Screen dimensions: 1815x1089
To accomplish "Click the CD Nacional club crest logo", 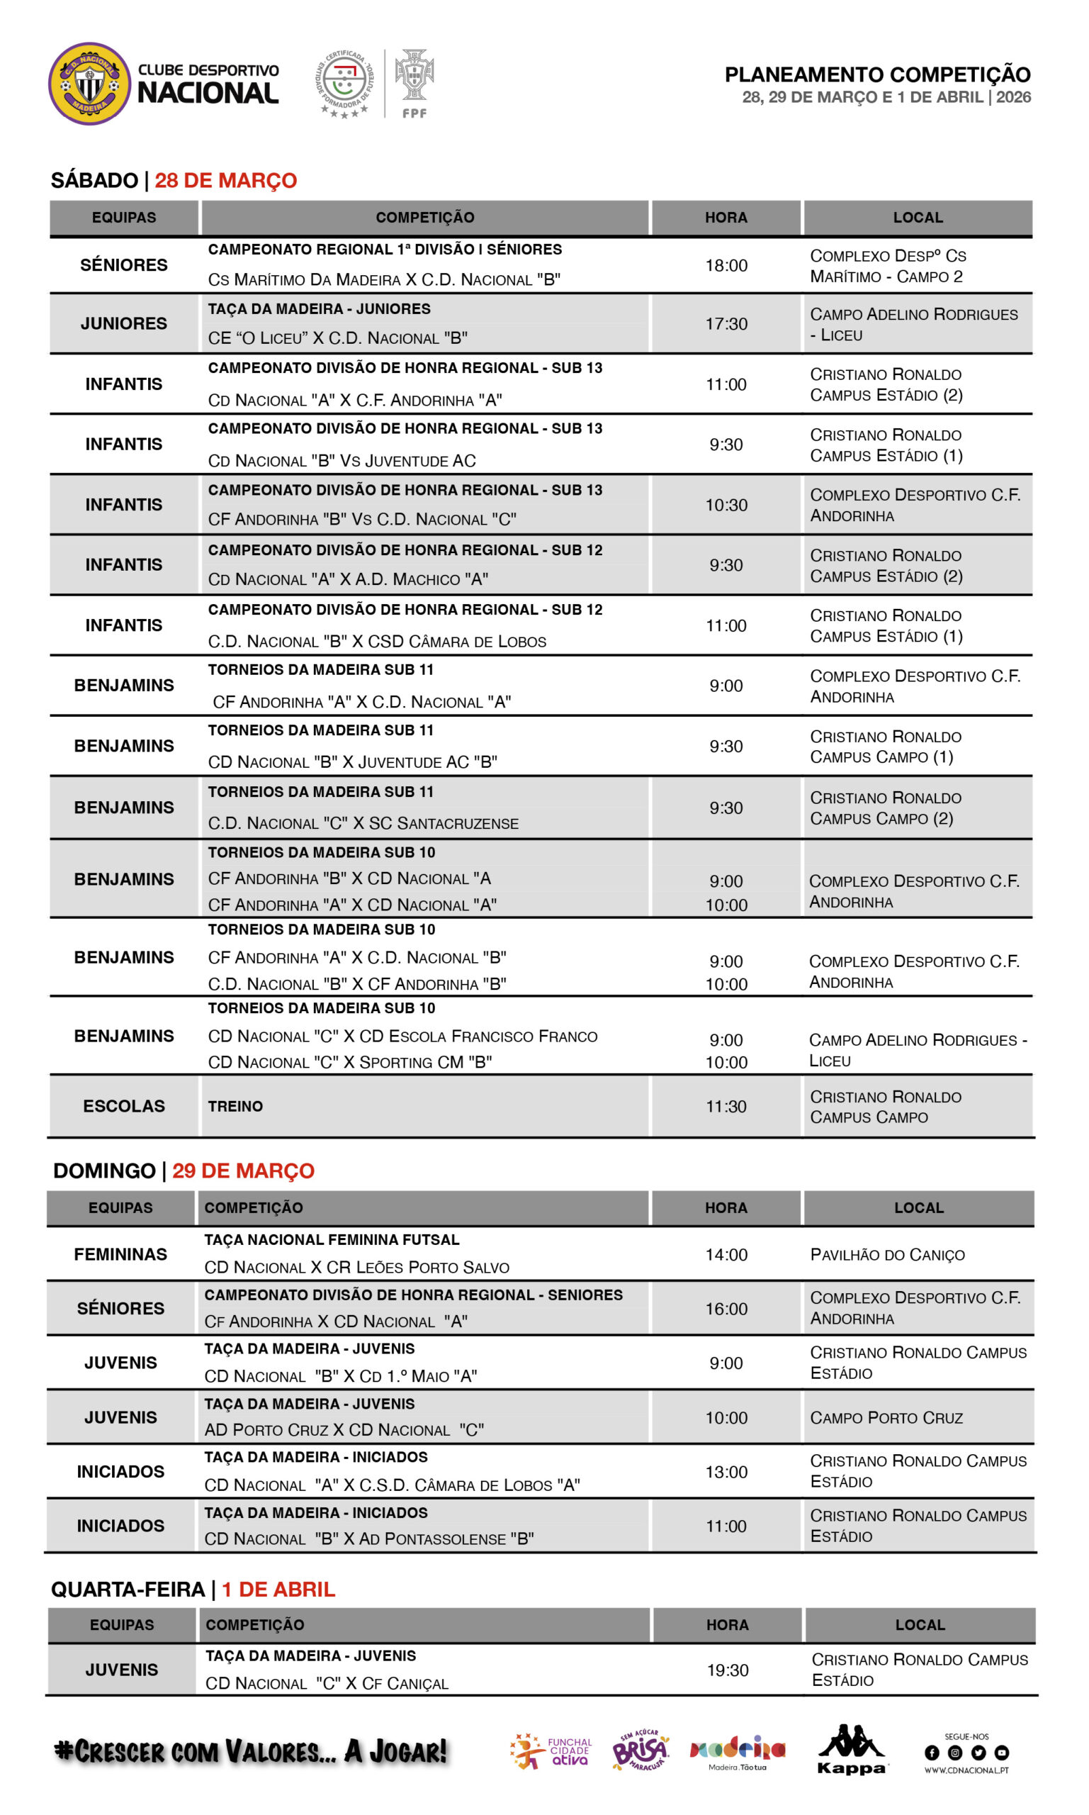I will point(89,83).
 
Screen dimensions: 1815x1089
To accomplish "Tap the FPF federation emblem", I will point(414,82).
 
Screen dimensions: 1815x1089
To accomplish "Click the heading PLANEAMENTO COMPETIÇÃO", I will point(877,74).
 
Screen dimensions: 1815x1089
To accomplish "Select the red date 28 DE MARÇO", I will point(225,180).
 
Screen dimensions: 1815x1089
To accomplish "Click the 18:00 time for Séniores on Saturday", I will point(726,266).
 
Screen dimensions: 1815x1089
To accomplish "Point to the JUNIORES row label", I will point(123,324).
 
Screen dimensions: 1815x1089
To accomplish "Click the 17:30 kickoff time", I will point(726,324).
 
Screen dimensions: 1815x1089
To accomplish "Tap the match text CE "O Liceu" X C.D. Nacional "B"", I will point(337,338).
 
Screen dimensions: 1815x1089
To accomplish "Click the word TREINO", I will point(235,1107).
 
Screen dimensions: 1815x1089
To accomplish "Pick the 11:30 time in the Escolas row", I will point(726,1107).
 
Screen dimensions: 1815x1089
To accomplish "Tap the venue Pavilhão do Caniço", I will point(886,1255).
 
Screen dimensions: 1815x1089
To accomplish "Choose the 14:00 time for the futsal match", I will point(726,1255).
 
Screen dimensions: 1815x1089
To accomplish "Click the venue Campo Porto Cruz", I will point(886,1418).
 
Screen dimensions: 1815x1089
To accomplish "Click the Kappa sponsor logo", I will point(851,1750).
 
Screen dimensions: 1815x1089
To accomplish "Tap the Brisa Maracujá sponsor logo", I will point(640,1751).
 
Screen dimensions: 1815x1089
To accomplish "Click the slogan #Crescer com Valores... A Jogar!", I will point(250,1751).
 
